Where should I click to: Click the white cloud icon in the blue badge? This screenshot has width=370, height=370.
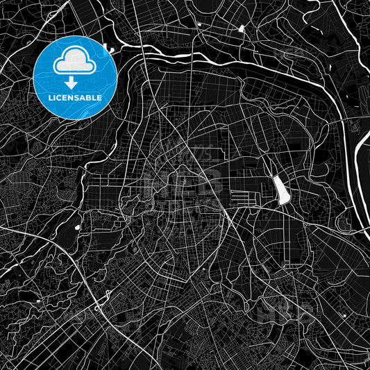tap(74, 61)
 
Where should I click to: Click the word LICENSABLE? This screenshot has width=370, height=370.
tap(74, 98)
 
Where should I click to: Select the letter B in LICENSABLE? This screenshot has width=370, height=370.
tap(88, 98)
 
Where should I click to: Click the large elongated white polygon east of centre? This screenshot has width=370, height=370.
tap(283, 190)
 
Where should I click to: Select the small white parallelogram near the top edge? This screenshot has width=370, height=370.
tap(242, 29)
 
